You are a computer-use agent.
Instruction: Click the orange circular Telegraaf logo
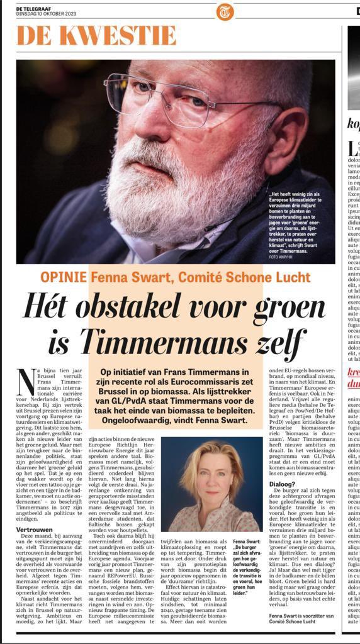(225, 11)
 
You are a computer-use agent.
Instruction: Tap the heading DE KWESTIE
(96, 35)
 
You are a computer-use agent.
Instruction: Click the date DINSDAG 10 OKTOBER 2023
(46, 13)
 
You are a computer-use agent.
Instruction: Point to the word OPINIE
(64, 277)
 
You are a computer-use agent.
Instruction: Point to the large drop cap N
(26, 382)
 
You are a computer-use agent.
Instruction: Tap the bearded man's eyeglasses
(189, 103)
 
